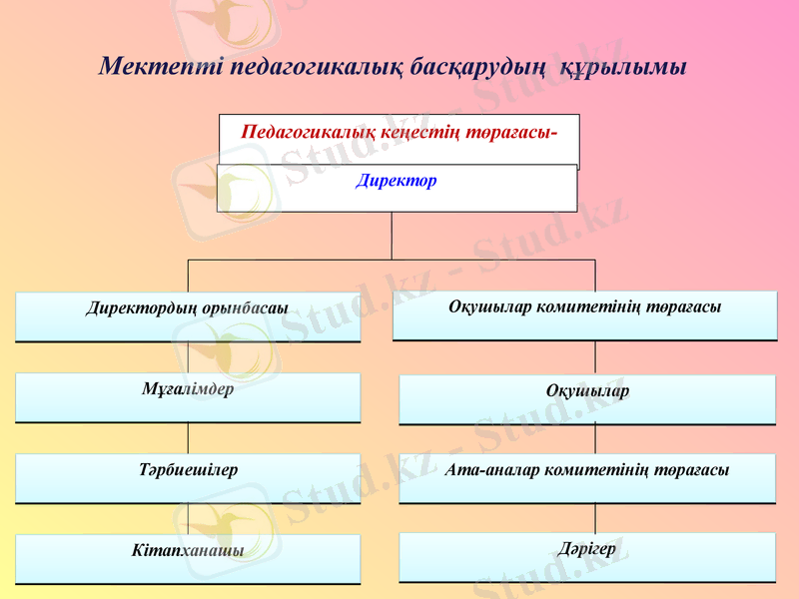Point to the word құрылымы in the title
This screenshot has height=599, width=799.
(622, 68)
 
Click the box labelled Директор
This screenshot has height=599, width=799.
(397, 188)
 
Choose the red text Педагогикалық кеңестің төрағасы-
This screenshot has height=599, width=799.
(399, 132)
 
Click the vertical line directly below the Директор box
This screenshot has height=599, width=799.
(392, 236)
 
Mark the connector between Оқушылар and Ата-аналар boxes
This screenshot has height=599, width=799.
(596, 439)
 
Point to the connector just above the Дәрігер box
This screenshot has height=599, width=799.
(596, 517)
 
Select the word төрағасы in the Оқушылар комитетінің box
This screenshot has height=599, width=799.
(684, 306)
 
